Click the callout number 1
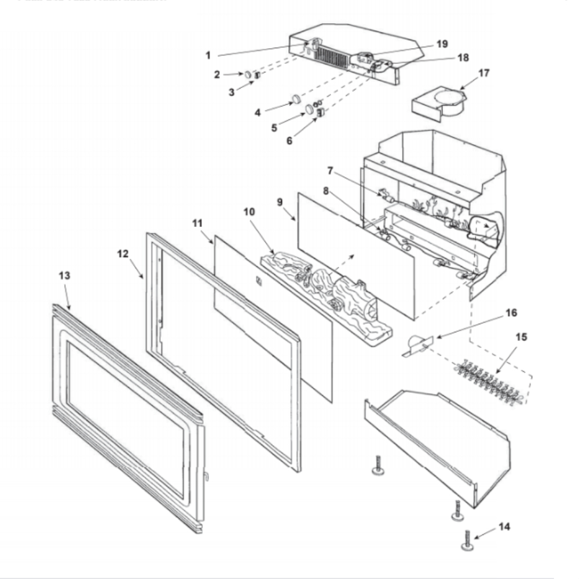point(208,55)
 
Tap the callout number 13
point(64,276)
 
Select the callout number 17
point(483,74)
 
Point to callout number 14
point(504,527)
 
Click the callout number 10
point(249,212)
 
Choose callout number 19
point(442,44)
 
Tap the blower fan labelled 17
point(440,104)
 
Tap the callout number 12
point(123,254)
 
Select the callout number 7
point(329,171)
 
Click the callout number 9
point(280,202)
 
